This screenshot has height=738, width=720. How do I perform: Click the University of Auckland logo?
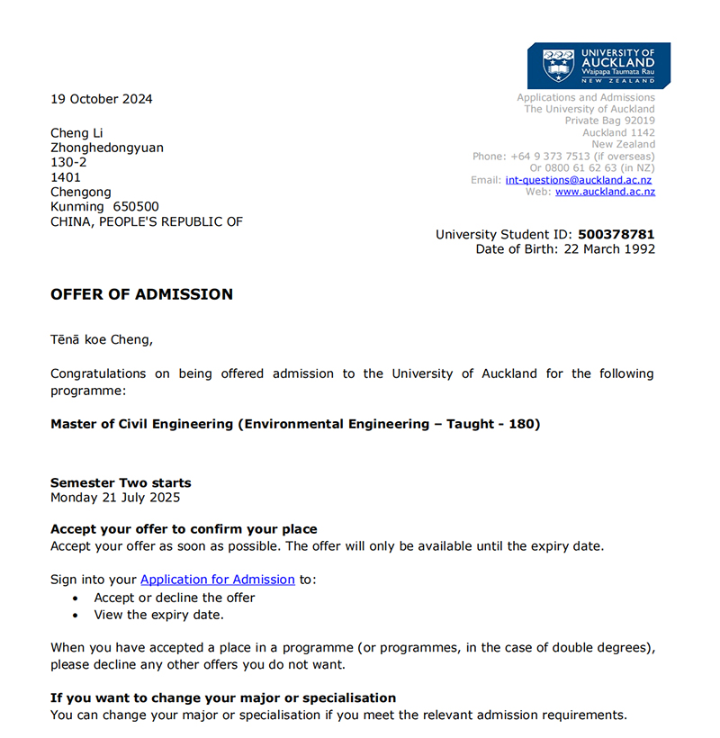click(598, 66)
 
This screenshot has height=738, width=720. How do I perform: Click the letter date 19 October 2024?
click(102, 99)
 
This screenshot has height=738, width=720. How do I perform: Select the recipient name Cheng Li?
click(76, 133)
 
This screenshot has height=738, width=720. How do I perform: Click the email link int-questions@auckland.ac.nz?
click(579, 180)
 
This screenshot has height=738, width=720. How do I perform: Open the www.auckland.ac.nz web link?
click(605, 192)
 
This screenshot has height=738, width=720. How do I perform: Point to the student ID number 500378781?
click(616, 235)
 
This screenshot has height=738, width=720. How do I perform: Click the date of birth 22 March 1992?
click(605, 249)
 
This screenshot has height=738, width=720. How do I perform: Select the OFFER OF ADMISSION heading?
click(141, 294)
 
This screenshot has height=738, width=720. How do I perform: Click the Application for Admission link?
click(218, 580)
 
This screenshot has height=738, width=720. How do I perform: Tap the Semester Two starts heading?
click(121, 483)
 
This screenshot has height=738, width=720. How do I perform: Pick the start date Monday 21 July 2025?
click(115, 498)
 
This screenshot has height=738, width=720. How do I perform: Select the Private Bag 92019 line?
click(610, 121)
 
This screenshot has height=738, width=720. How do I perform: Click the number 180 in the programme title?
click(523, 424)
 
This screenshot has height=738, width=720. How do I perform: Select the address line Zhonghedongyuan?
click(107, 148)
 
